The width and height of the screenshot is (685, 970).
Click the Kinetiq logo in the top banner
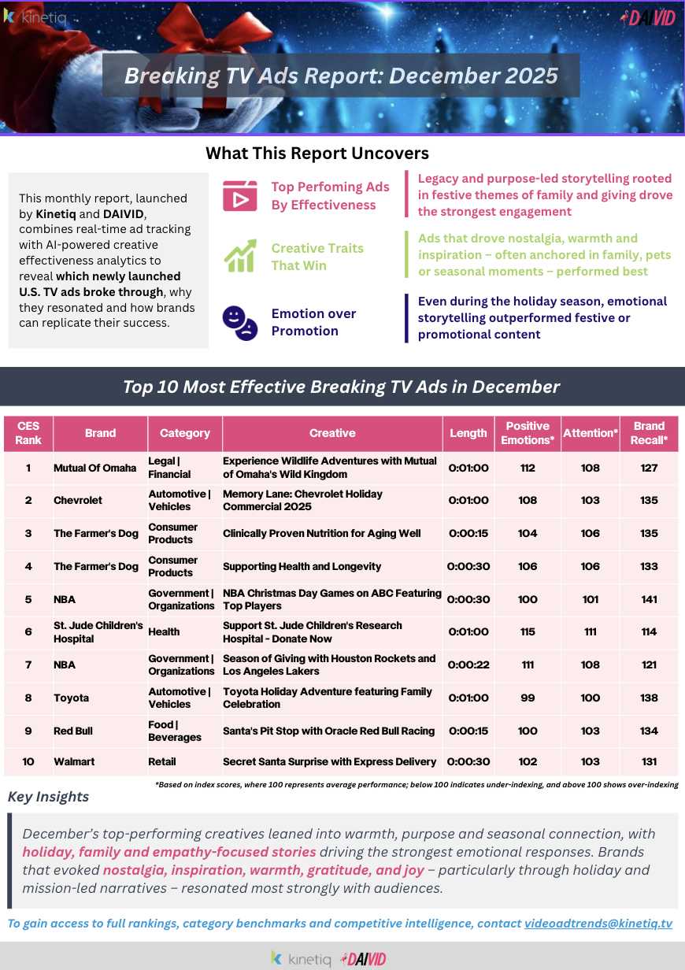35,17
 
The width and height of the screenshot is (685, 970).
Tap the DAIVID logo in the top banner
647,17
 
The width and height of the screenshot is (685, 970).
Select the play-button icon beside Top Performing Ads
239,196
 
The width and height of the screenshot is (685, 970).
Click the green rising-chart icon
239,257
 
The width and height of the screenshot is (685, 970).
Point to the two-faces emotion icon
239,321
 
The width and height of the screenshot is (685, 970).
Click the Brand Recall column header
649,433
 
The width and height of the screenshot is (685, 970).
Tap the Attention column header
591,433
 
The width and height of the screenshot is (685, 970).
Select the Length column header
468,433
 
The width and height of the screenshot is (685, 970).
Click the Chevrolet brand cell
78,500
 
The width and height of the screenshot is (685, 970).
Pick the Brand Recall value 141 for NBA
649,599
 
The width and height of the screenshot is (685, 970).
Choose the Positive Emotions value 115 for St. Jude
528,631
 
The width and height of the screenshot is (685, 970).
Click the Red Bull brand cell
73,731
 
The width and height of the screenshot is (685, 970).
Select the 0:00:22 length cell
468,665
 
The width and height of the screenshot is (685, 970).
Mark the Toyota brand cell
72,698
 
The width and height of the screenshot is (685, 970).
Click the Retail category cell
162,761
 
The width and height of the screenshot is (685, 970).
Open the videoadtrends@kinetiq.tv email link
598,924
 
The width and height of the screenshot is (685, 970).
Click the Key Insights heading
48,797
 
